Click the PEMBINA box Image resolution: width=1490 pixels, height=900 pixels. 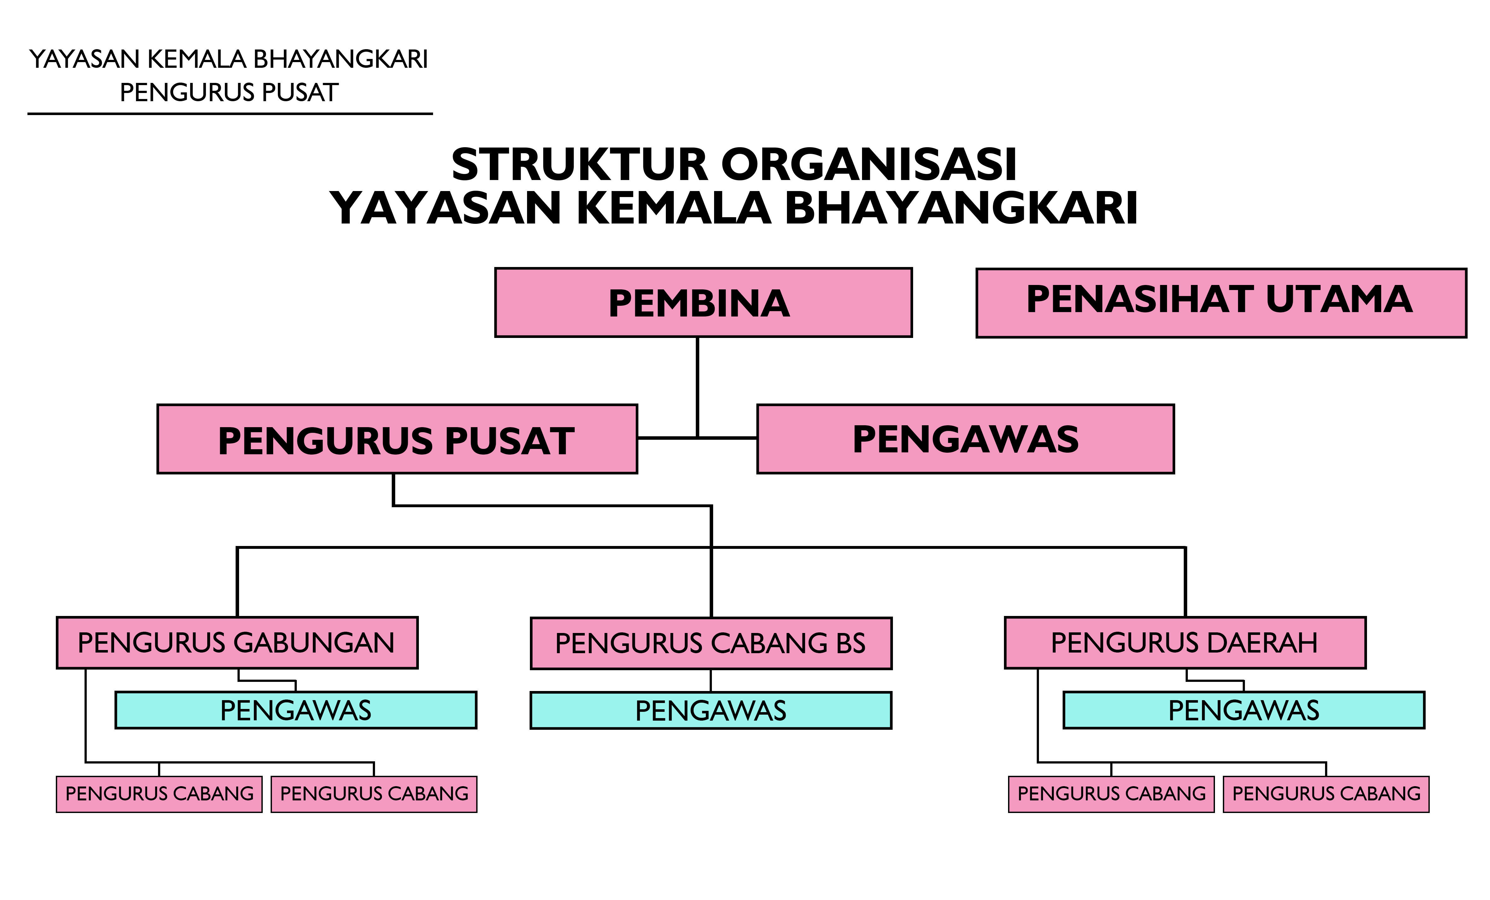[x=703, y=302]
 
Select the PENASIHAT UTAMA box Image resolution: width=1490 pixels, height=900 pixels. [x=1220, y=302]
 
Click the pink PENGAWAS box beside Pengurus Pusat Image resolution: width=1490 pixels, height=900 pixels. [x=965, y=439]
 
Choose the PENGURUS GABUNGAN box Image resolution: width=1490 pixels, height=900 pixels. [x=237, y=642]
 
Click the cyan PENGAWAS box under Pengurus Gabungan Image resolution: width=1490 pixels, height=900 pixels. [x=296, y=710]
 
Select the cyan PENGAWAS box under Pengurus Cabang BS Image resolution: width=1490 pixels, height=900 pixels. [x=711, y=710]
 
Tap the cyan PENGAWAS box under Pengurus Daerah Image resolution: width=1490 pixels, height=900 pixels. [x=1243, y=710]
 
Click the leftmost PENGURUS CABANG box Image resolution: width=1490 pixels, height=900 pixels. [x=159, y=794]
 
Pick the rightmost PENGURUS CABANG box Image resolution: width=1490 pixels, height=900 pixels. [x=1326, y=794]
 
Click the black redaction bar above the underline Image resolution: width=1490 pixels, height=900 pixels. [x=227, y=75]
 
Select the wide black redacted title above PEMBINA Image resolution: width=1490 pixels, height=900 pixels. [x=734, y=185]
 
